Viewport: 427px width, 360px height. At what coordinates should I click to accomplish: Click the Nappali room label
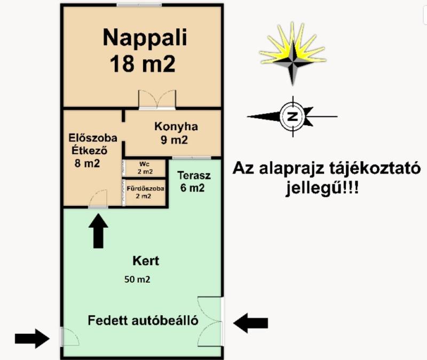tap(145, 38)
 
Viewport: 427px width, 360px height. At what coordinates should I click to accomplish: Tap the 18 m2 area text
tap(143, 64)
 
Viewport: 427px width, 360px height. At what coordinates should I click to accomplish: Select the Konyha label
tap(176, 127)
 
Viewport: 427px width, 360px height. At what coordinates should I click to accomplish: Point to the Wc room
tap(145, 168)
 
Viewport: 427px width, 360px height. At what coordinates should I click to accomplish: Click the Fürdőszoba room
tap(145, 192)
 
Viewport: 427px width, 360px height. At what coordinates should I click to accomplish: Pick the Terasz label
tap(194, 176)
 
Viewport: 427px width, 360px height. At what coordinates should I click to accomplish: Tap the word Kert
tap(146, 261)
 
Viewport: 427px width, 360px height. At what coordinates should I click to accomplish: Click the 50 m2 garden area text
tap(137, 279)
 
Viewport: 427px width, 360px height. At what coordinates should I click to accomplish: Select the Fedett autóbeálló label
tap(143, 321)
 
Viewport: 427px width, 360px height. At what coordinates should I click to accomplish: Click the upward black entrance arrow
tap(98, 231)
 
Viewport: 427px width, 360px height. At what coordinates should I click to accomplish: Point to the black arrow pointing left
tap(250, 323)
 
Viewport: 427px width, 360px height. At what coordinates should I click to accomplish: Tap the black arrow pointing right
tap(32, 339)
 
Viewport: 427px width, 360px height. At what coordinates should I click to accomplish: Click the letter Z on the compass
tap(292, 116)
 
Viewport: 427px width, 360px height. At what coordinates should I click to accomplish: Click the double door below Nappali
tap(157, 100)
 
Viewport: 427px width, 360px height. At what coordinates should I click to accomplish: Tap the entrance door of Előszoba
tap(98, 199)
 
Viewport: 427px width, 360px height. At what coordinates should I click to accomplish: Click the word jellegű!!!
tap(322, 188)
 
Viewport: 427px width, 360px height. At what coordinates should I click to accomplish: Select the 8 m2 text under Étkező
tap(87, 164)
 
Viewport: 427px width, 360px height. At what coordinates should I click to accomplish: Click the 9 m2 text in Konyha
tap(175, 140)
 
